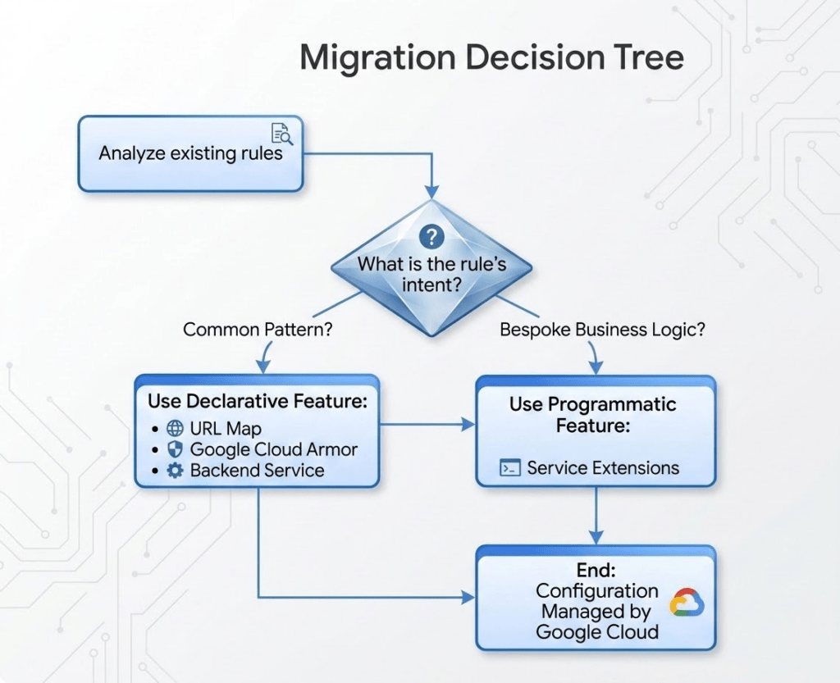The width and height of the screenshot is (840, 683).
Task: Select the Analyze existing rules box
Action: (x=190, y=153)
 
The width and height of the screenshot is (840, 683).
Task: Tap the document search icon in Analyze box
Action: (x=281, y=133)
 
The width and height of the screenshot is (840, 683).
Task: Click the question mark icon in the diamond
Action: (x=431, y=238)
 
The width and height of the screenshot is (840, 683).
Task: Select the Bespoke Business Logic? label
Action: (x=603, y=330)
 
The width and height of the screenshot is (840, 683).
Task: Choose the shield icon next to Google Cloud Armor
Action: (x=174, y=449)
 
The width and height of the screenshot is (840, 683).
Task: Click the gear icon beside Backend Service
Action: (x=174, y=471)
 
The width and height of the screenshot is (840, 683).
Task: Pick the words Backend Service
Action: (x=257, y=471)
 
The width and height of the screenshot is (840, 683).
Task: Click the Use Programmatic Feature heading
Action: (x=592, y=414)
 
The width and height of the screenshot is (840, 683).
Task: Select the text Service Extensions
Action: (x=603, y=468)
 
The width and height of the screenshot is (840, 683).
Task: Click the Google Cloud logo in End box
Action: (x=686, y=604)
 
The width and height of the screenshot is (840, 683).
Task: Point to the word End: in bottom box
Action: (x=596, y=570)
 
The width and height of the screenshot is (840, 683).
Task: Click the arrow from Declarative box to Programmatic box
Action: (x=427, y=424)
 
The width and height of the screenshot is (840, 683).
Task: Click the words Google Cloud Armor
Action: (x=273, y=449)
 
